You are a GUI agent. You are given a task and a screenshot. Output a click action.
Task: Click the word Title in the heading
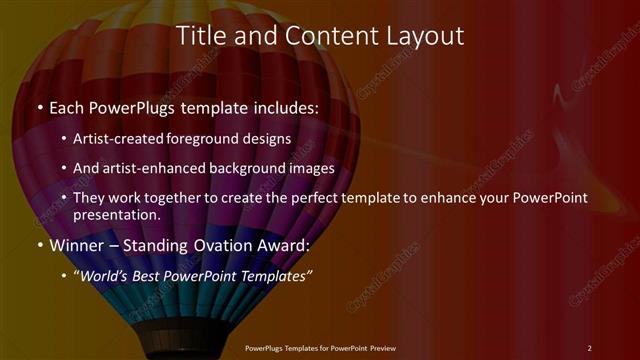[x=200, y=36]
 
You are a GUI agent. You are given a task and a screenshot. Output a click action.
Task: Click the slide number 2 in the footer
[x=589, y=348]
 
